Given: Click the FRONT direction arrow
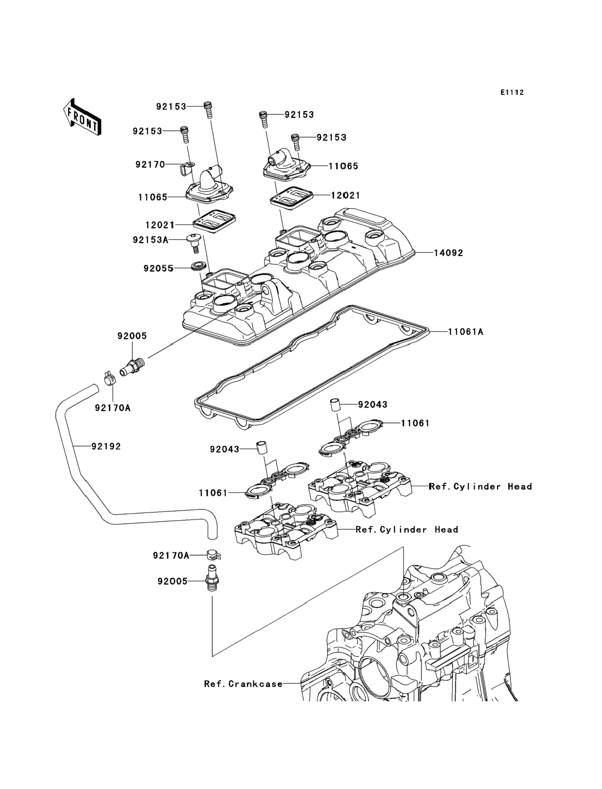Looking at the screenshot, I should [82, 117].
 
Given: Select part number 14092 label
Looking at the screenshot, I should [448, 253].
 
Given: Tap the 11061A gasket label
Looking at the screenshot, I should [466, 332].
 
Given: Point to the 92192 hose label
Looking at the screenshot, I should [106, 447].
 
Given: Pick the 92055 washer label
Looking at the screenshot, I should [159, 268].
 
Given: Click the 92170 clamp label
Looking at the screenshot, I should [150, 165].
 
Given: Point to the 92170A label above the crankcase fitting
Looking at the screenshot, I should [171, 556].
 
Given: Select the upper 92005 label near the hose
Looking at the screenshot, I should [132, 336].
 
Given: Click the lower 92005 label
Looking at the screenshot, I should [173, 581].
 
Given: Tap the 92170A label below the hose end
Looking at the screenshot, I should [112, 408].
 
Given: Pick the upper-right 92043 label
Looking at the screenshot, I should [373, 405].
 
